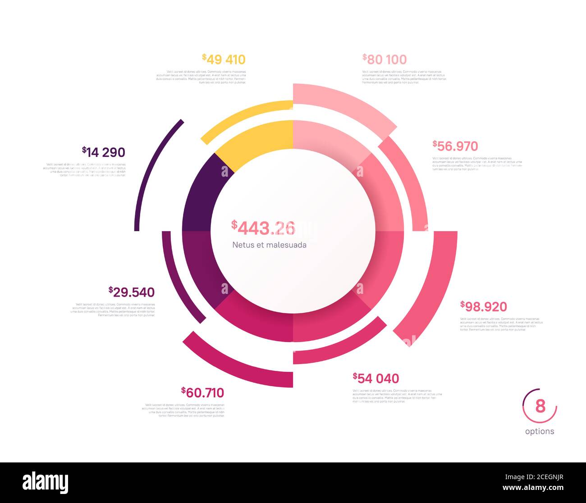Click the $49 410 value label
[x=224, y=59]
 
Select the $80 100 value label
[x=385, y=59]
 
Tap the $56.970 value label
[x=455, y=146]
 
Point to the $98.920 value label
[x=484, y=307]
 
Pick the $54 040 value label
[x=376, y=378]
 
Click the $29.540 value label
[x=132, y=292]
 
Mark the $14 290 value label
[x=104, y=152]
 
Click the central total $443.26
[x=264, y=228]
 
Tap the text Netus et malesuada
[x=270, y=245]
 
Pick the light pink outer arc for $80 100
[x=347, y=101]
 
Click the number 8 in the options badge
[x=540, y=406]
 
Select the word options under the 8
[x=540, y=431]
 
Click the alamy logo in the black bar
[x=46, y=483]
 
